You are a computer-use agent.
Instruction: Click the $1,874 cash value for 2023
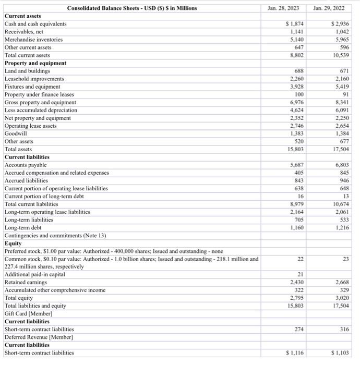click(x=296, y=24)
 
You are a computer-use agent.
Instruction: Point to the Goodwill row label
click(x=15, y=133)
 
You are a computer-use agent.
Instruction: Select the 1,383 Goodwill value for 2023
click(x=297, y=133)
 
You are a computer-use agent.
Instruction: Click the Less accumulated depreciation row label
click(x=41, y=110)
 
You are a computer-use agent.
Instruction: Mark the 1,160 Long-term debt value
click(x=297, y=227)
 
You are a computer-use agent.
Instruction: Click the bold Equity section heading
click(x=13, y=243)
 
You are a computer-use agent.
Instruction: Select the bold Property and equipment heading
click(x=35, y=63)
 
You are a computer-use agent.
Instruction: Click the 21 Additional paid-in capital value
click(x=301, y=274)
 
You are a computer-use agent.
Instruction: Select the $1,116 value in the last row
click(x=296, y=353)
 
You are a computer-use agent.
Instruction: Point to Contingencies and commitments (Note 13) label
click(x=55, y=235)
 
